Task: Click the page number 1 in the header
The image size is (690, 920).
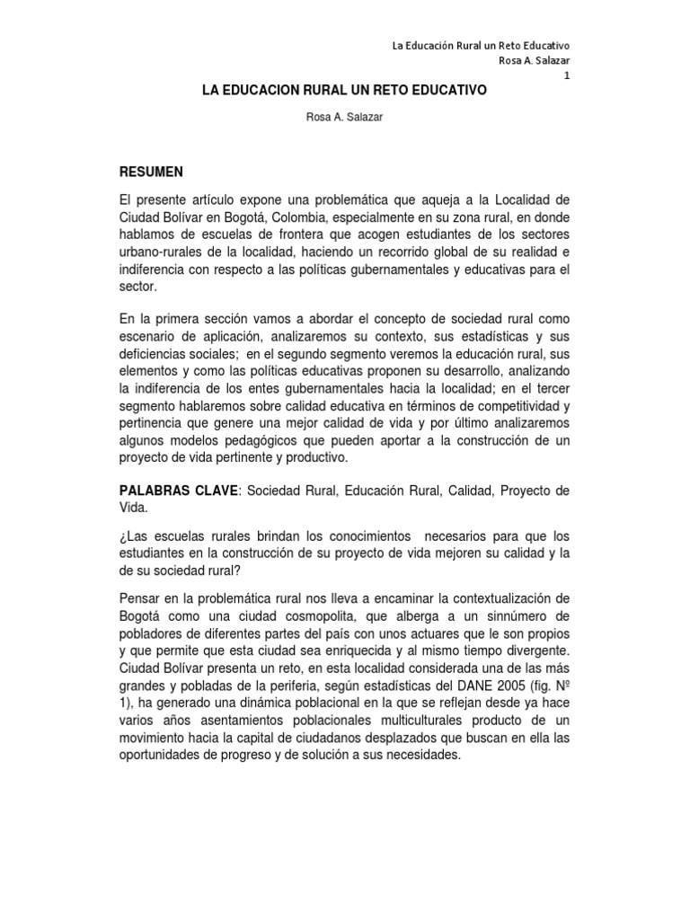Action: click(x=567, y=75)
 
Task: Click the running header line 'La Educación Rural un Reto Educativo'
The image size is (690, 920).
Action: click(x=483, y=45)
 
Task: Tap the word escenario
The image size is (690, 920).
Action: click(x=154, y=337)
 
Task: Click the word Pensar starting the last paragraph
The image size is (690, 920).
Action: click(x=144, y=599)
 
